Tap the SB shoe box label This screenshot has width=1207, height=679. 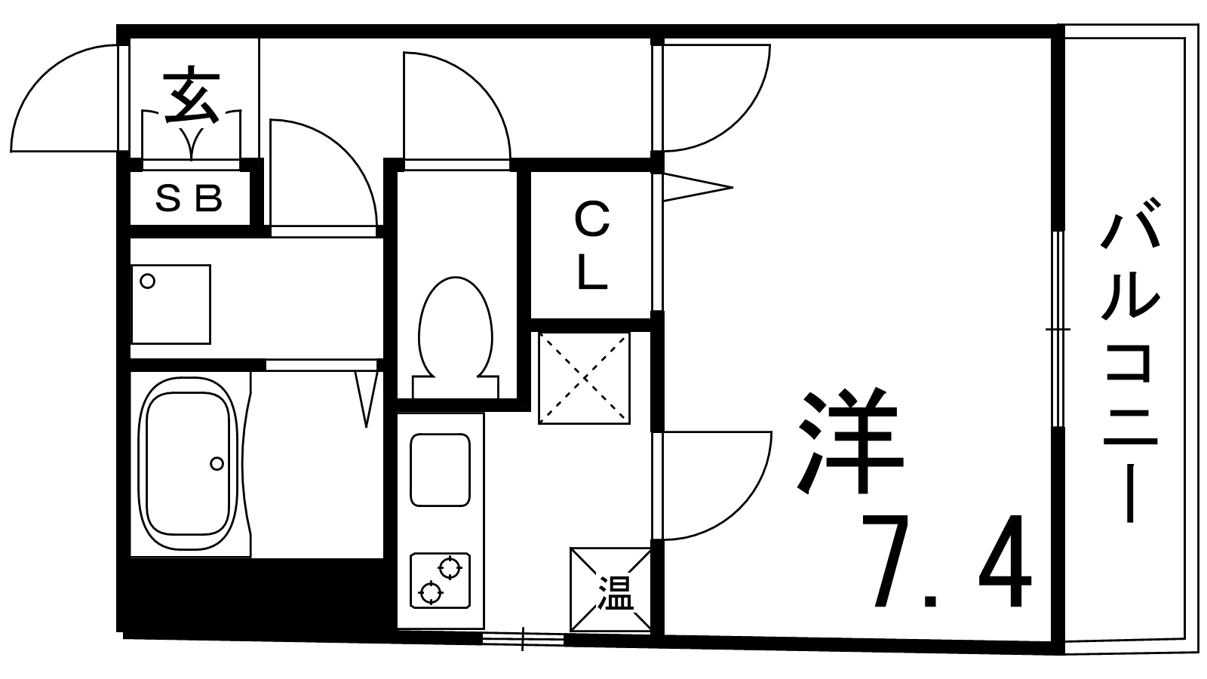pyautogui.click(x=189, y=198)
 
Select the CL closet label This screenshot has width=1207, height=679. pyautogui.click(x=591, y=245)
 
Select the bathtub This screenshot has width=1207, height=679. pyautogui.click(x=188, y=463)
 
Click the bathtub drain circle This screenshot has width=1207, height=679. pyautogui.click(x=217, y=463)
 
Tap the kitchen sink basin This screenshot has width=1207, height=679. pyautogui.click(x=441, y=470)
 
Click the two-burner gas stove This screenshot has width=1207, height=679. pyautogui.click(x=441, y=580)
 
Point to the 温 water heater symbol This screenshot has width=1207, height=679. pyautogui.click(x=610, y=589)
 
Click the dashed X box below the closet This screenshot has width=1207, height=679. pyautogui.click(x=584, y=378)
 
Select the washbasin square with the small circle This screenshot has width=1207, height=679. pyautogui.click(x=170, y=305)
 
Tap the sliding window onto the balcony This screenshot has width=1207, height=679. pyautogui.click(x=1058, y=329)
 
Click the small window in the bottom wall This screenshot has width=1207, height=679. pyautogui.click(x=523, y=639)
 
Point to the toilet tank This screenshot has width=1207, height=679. pyautogui.click(x=456, y=387)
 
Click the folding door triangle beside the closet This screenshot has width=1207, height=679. pyautogui.click(x=698, y=188)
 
